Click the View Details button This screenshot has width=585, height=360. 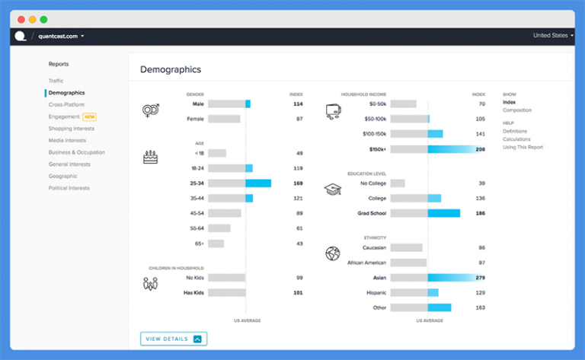(x=173, y=339)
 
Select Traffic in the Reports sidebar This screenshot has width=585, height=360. (x=56, y=81)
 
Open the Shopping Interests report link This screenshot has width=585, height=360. (x=72, y=129)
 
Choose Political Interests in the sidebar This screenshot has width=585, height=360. (x=69, y=188)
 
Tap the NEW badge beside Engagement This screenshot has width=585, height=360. (x=90, y=116)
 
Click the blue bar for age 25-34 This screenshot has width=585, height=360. (x=258, y=183)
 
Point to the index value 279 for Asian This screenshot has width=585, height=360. (x=480, y=278)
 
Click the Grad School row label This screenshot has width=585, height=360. (x=372, y=213)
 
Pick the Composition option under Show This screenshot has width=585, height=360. (x=517, y=110)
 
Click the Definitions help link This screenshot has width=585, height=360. (x=515, y=131)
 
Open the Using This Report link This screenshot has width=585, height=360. (x=523, y=147)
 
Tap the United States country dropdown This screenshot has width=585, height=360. (x=552, y=36)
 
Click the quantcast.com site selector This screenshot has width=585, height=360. (x=61, y=36)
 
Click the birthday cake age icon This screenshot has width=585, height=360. (x=150, y=157)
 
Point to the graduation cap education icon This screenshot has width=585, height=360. (x=332, y=190)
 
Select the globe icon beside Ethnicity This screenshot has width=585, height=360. (x=332, y=253)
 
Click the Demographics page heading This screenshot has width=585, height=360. (x=171, y=69)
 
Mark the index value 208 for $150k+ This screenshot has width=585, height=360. (x=480, y=149)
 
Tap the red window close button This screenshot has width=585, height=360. (x=21, y=19)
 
